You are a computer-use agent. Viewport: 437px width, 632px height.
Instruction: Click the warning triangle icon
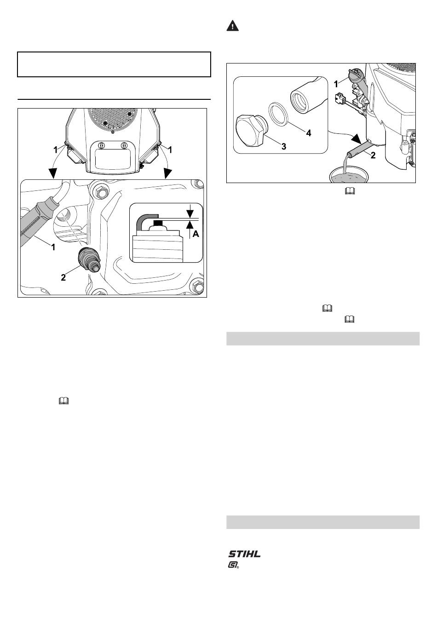232,26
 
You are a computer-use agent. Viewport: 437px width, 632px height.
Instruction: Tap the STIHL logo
244,553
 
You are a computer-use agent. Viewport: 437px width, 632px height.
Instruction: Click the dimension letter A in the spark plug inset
195,234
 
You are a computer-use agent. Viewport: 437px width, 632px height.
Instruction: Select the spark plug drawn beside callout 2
89,259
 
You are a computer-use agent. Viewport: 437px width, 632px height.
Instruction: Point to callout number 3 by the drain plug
283,146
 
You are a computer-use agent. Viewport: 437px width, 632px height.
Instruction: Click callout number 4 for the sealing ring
309,133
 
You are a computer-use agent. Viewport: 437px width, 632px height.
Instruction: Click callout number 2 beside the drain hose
373,155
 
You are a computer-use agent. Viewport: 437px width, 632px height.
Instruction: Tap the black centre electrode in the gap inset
158,224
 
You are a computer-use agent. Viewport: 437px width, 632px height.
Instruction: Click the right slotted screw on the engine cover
124,145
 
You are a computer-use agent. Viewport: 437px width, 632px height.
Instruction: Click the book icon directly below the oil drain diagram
350,191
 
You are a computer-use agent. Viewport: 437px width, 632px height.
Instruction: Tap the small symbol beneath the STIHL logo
233,566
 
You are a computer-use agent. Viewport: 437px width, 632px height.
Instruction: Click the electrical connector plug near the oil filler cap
339,99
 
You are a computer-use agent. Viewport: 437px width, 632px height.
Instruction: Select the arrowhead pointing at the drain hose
356,139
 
